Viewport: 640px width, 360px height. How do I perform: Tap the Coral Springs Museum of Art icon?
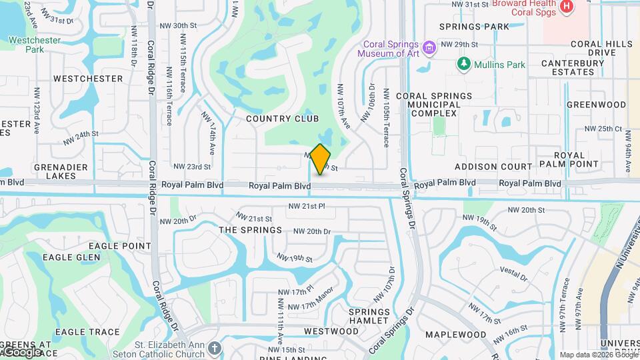(430, 47)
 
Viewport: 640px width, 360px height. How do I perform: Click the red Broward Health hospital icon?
(566, 7)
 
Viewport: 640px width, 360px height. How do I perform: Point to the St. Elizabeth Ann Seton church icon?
(214, 348)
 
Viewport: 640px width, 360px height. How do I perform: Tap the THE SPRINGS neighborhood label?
(250, 230)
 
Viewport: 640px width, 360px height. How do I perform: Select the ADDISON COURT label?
(493, 167)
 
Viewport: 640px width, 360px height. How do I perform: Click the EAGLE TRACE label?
(87, 332)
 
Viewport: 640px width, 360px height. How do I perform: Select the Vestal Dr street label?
(513, 274)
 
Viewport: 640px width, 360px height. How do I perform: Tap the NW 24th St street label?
(81, 137)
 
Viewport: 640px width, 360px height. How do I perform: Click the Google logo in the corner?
(21, 351)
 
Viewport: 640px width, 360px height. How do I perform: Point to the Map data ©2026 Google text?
(598, 355)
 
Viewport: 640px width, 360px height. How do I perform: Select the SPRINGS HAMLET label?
(369, 316)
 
